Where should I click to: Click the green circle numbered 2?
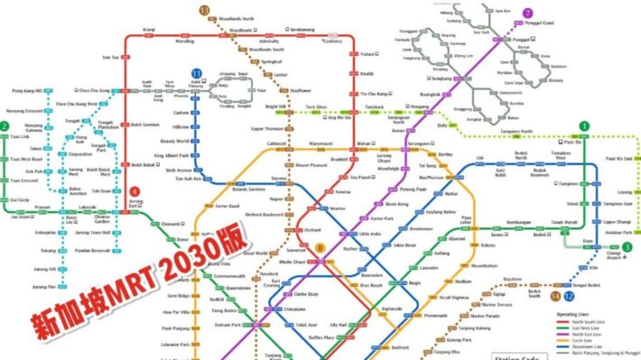coord(5,126)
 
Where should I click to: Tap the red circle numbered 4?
coord(135,191)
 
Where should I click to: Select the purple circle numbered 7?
coord(528,13)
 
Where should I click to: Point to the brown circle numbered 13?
coord(204,11)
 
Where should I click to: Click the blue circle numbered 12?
coord(568,296)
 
